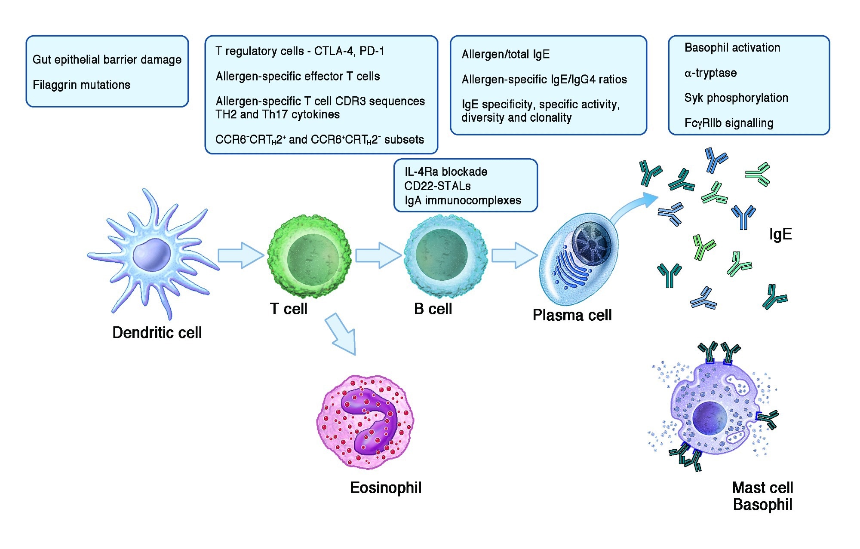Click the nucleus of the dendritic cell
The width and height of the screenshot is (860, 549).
coord(151,255)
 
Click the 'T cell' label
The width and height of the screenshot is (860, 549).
coord(289,309)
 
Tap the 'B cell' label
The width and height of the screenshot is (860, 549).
coord(433,309)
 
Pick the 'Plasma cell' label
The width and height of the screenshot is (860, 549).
coord(572,315)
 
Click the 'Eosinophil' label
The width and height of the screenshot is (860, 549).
coord(386,488)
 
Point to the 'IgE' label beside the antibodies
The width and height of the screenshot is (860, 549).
coord(780,234)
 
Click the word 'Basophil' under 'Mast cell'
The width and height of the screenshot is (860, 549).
coord(762,504)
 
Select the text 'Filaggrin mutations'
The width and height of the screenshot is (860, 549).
coord(81,85)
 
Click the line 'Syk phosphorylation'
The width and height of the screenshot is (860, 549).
coord(736,98)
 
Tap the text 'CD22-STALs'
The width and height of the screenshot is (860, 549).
coord(437,186)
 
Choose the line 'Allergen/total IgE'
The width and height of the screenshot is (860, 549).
coord(506,54)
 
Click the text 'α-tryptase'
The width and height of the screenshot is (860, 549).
coord(710,73)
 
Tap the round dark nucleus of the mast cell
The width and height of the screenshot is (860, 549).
coord(709,418)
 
